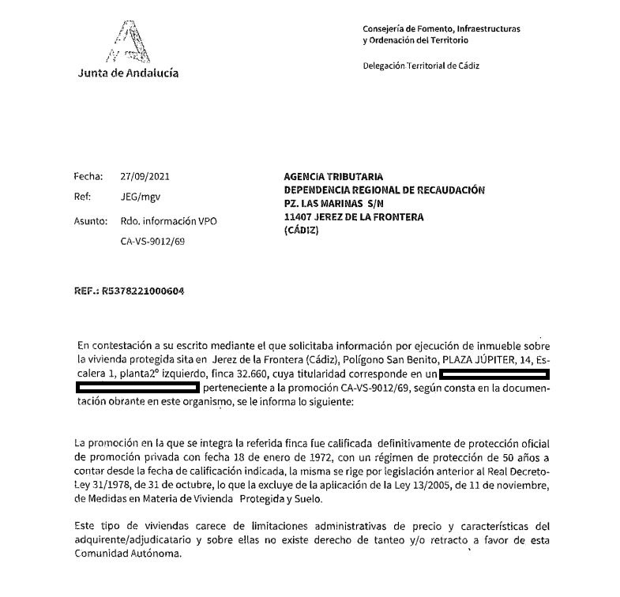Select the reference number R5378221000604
[x=141, y=291]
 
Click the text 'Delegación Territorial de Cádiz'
[x=420, y=66]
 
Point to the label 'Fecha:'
[x=88, y=177]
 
